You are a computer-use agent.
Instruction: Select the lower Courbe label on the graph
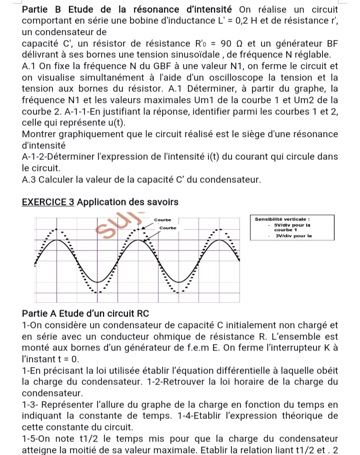167,227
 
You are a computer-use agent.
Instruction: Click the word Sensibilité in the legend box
272,218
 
